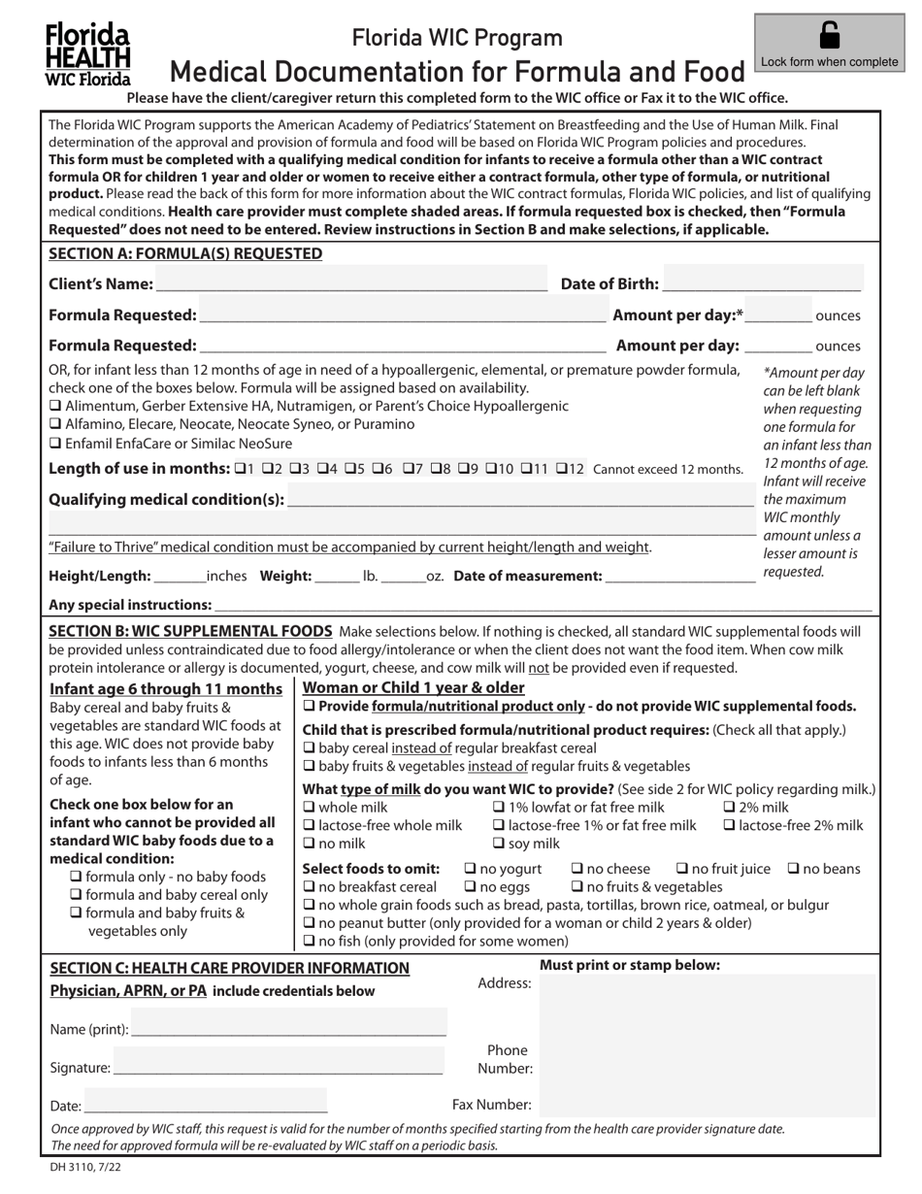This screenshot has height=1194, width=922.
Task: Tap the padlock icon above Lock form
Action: coord(830,36)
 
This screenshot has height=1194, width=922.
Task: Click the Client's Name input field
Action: coord(350,283)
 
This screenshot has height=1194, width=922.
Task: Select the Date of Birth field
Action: coord(762,283)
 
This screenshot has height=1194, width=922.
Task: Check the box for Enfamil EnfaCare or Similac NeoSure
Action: coord(55,443)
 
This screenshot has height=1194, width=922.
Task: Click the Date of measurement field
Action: coord(679,576)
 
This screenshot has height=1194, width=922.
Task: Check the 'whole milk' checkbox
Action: coord(311,808)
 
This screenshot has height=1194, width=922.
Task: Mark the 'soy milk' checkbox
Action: coord(500,843)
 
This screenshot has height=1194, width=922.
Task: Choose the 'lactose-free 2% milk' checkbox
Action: coord(730,825)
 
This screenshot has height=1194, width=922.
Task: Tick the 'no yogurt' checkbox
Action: coord(471,869)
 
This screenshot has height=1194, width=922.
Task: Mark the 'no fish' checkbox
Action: coord(311,941)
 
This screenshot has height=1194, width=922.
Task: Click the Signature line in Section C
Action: coord(278,1067)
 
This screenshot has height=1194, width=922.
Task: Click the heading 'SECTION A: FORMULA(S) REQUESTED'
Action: coord(185,253)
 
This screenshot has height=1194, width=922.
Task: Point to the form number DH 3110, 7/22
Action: coord(86,1169)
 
